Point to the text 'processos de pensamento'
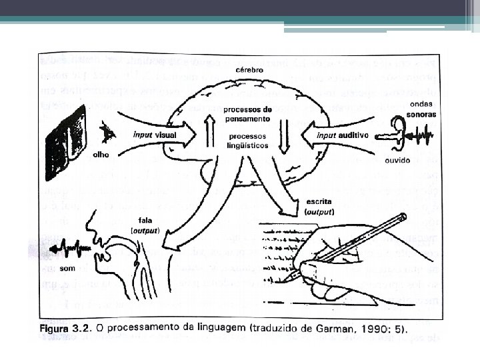pyautogui.click(x=247, y=114)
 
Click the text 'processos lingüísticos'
pyautogui.click(x=247, y=139)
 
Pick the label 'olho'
pyautogui.click(x=101, y=153)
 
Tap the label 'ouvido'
pyautogui.click(x=394, y=159)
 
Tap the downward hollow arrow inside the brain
pyautogui.click(x=283, y=133)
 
